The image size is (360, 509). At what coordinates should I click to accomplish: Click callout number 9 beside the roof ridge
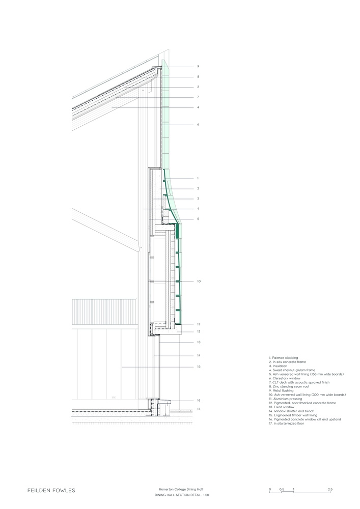(198, 67)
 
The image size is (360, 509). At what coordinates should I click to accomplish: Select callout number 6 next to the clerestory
(198, 125)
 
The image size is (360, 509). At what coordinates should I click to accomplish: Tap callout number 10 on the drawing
(199, 281)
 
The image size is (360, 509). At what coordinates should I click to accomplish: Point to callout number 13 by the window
(199, 342)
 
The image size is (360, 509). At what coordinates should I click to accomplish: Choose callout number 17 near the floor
(199, 409)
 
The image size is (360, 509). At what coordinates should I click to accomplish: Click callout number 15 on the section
(199, 367)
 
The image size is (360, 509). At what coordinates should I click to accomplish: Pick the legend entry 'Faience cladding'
(284, 358)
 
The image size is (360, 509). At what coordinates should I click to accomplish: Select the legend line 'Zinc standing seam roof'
(289, 387)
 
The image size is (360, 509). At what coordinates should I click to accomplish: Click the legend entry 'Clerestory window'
(285, 378)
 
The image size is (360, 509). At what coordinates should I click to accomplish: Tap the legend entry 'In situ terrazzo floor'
(286, 423)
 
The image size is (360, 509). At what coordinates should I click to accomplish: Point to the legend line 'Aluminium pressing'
(285, 399)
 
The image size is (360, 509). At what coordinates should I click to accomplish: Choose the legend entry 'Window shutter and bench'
(291, 411)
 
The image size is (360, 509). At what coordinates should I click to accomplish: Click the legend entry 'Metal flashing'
(281, 390)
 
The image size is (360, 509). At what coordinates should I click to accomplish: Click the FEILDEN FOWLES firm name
(51, 491)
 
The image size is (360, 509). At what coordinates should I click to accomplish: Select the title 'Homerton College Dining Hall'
(181, 489)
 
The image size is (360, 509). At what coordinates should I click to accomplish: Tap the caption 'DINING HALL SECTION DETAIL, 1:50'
(182, 495)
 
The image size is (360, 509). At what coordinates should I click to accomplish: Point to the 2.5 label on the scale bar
(330, 489)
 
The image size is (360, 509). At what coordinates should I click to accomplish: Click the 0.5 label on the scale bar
(282, 489)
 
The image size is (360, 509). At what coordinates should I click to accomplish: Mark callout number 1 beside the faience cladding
(198, 179)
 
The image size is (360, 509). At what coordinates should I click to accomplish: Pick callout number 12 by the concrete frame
(199, 332)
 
